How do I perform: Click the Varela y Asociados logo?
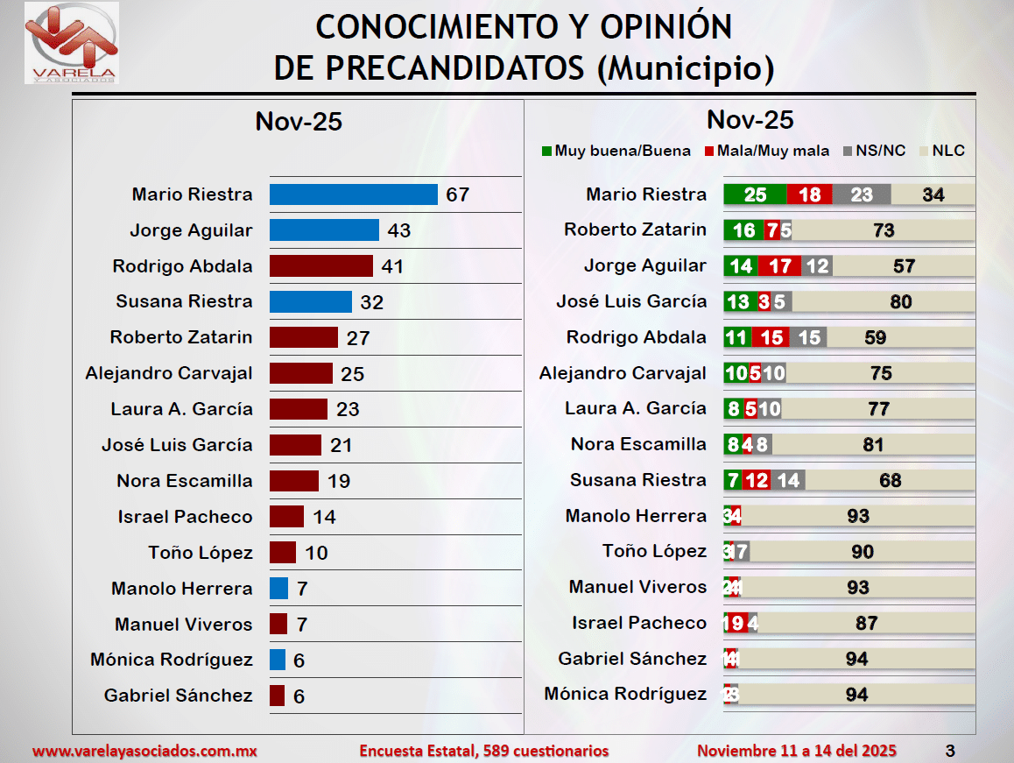point(72,43)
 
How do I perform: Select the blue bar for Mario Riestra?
point(353,194)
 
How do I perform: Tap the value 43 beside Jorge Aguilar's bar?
point(399,230)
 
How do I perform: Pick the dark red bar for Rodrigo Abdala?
point(320,266)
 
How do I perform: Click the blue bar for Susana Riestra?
point(310,301)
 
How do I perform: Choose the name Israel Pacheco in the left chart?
point(185,517)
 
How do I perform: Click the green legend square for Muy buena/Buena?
point(546,151)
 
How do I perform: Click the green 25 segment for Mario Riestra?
point(754,194)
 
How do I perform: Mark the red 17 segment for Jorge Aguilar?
point(780,265)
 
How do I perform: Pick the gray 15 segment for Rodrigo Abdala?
point(809,337)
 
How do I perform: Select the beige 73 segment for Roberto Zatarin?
point(883,230)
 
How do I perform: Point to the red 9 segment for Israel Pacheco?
point(737,623)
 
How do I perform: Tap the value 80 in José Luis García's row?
point(900,302)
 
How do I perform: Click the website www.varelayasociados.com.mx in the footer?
point(145,751)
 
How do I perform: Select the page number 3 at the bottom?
point(950,751)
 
